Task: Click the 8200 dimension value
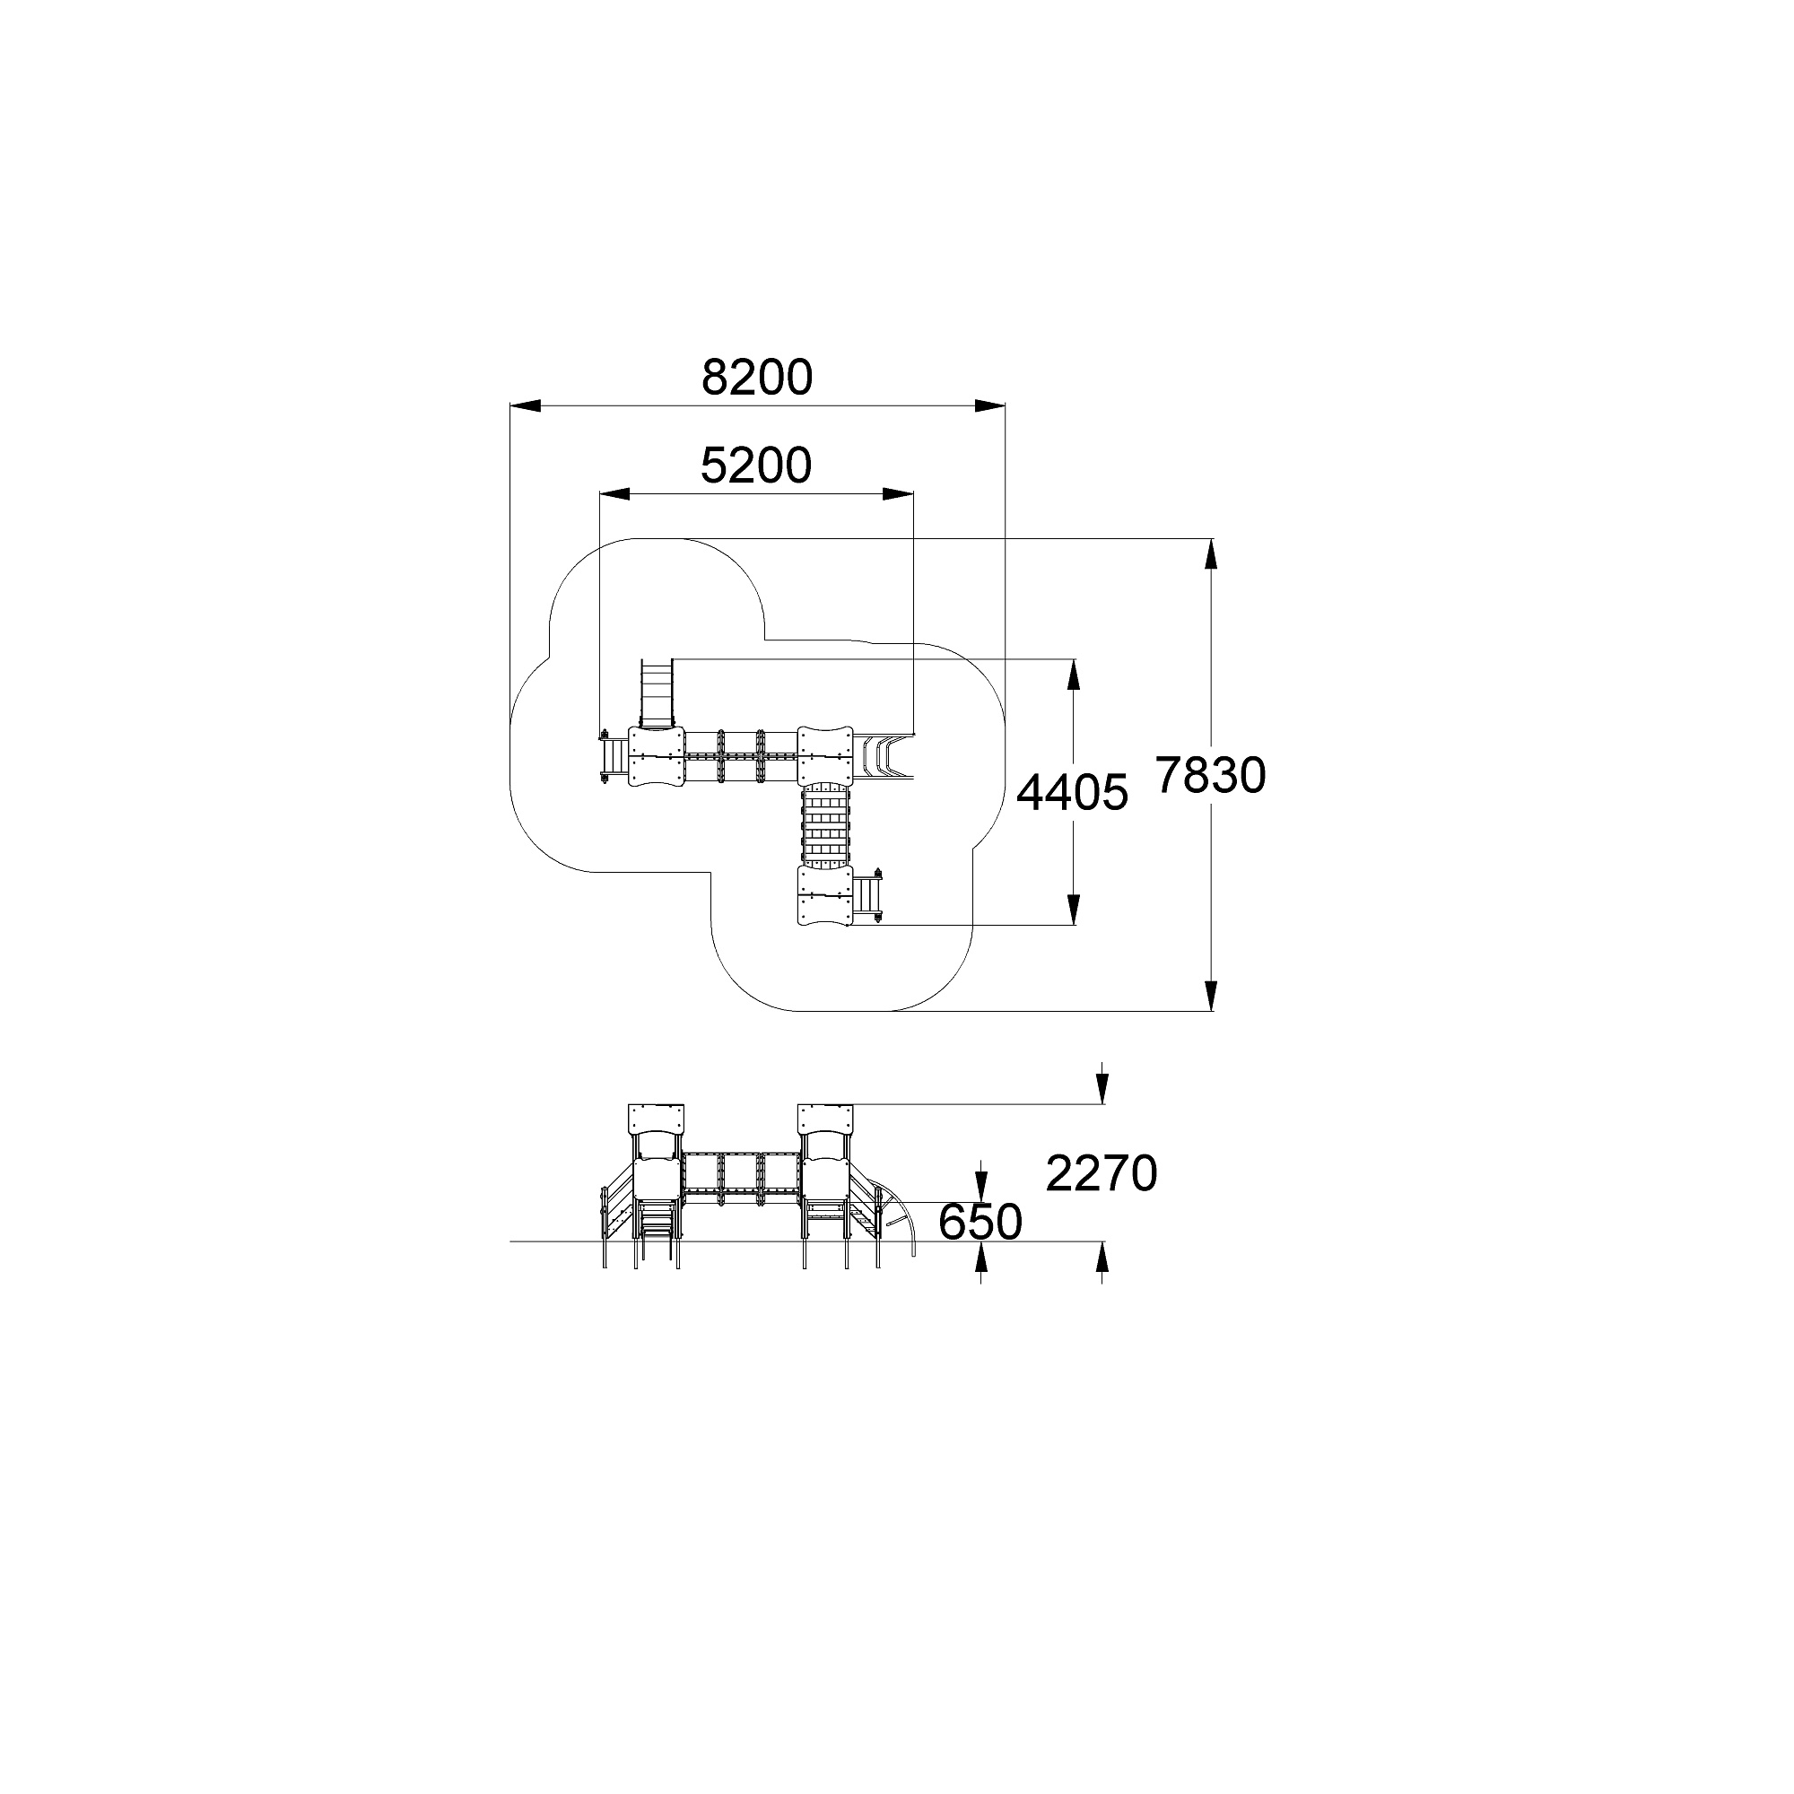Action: pos(757,377)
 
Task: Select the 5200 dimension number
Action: pos(756,466)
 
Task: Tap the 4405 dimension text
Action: pos(1073,793)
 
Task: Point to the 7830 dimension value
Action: pos(1211,775)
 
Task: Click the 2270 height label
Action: pos(1102,1173)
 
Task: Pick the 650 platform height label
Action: pos(980,1222)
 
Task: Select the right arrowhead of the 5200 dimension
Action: pos(898,494)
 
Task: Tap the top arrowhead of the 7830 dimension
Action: pos(1211,554)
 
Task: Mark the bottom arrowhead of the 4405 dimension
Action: pos(1074,910)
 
